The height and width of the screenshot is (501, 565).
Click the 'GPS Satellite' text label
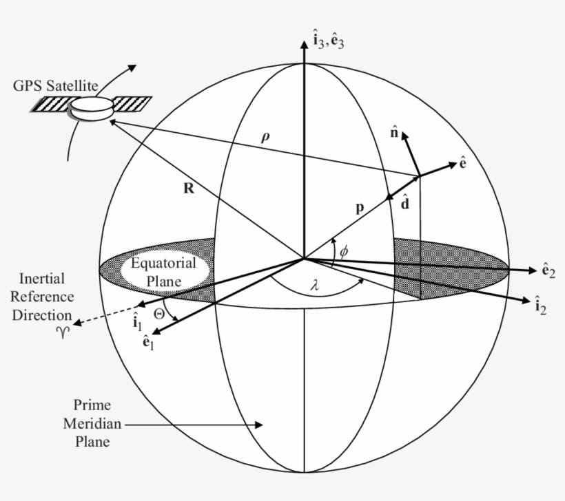pyautogui.click(x=56, y=87)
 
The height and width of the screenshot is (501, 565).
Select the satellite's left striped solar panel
pyautogui.click(x=52, y=104)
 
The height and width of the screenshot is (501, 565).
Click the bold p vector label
pyautogui.click(x=359, y=210)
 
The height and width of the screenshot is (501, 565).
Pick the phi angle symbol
pyautogui.click(x=344, y=251)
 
